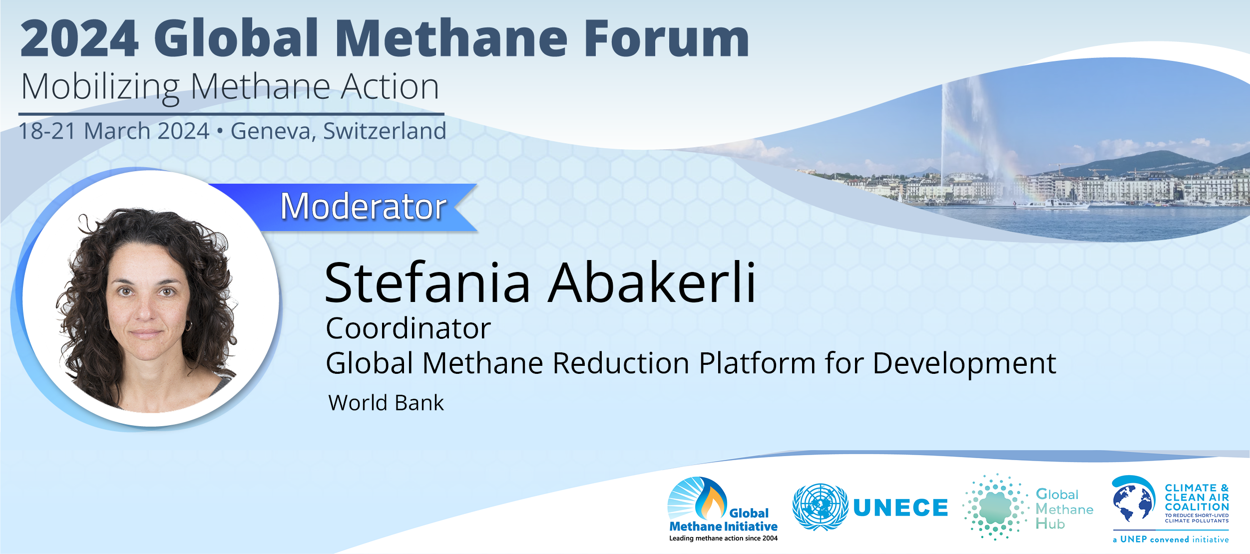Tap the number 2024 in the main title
(79, 38)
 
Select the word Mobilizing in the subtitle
(100, 87)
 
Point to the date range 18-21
(47, 131)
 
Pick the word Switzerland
(385, 131)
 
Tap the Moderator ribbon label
(363, 206)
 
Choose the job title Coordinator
(409, 328)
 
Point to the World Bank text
(386, 402)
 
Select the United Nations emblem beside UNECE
(820, 507)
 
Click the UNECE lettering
(901, 508)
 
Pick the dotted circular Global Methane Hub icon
(995, 507)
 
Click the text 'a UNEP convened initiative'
(1171, 540)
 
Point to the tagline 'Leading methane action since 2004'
(723, 538)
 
